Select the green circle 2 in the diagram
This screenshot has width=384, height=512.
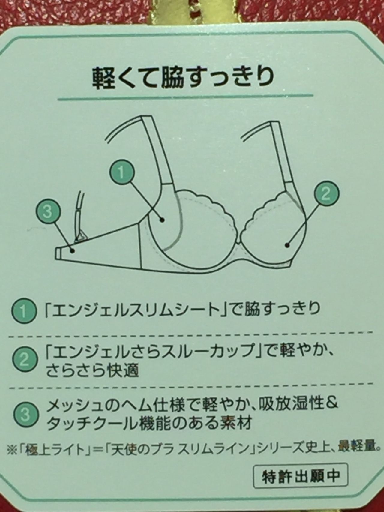(x=326, y=194)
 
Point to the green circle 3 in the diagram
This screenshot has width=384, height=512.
(x=48, y=212)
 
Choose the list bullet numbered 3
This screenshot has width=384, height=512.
(x=26, y=415)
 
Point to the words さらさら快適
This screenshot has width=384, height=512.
(x=93, y=371)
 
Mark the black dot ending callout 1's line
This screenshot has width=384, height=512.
(x=162, y=220)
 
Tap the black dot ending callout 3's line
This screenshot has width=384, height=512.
(x=72, y=251)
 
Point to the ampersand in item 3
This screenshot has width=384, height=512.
(x=331, y=404)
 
